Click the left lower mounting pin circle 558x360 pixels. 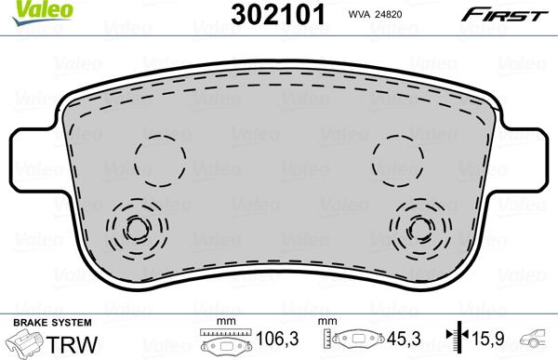click(136, 226)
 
